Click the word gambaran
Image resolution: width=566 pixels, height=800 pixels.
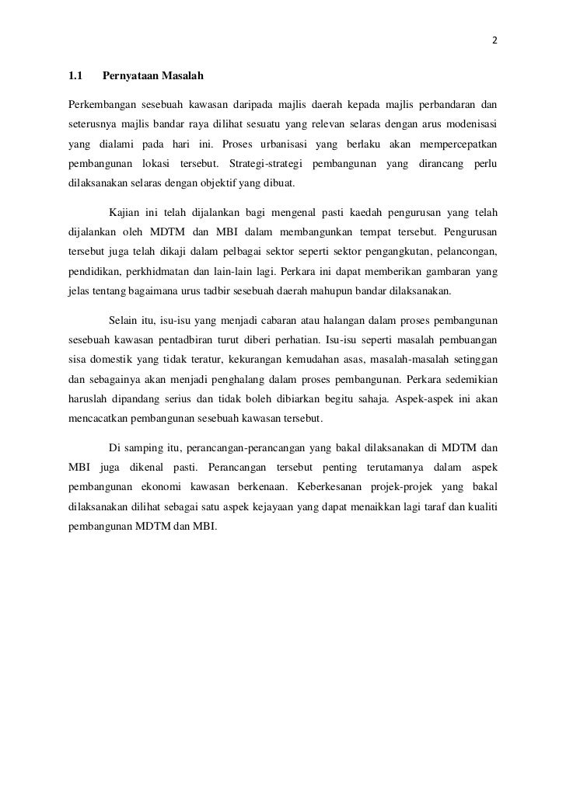[438, 273]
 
